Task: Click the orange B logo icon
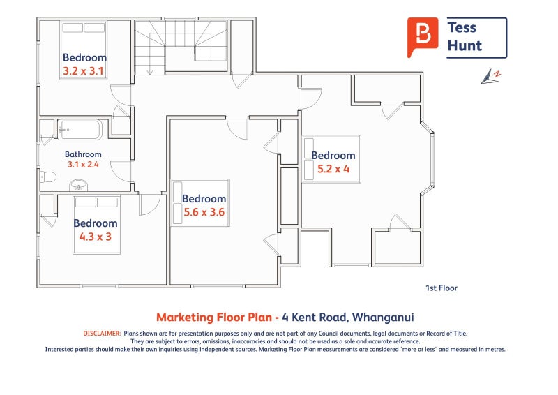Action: pyautogui.click(x=423, y=37)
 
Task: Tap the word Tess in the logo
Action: pyautogui.click(x=462, y=27)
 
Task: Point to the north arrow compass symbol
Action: pyautogui.click(x=491, y=77)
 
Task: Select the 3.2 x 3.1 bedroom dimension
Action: pyautogui.click(x=83, y=71)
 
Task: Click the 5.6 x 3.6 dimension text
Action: pyautogui.click(x=204, y=212)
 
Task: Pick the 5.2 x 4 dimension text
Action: pyautogui.click(x=333, y=169)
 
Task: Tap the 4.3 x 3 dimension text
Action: pyautogui.click(x=96, y=237)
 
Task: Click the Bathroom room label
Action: pyautogui.click(x=83, y=154)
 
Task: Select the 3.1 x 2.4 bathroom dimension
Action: pyautogui.click(x=83, y=165)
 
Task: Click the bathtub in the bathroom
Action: pyautogui.click(x=80, y=130)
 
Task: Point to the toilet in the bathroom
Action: pyautogui.click(x=47, y=177)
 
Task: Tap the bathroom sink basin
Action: pyautogui.click(x=78, y=185)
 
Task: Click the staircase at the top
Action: pyautogui.click(x=181, y=47)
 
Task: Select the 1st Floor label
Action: pyautogui.click(x=442, y=288)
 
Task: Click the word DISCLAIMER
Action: pyautogui.click(x=102, y=334)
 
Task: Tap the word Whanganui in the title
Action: pyautogui.click(x=383, y=317)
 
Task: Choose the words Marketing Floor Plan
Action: pyautogui.click(x=214, y=317)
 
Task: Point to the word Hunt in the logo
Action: pyautogui.click(x=465, y=45)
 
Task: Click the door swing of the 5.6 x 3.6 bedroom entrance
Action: pyautogui.click(x=237, y=129)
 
